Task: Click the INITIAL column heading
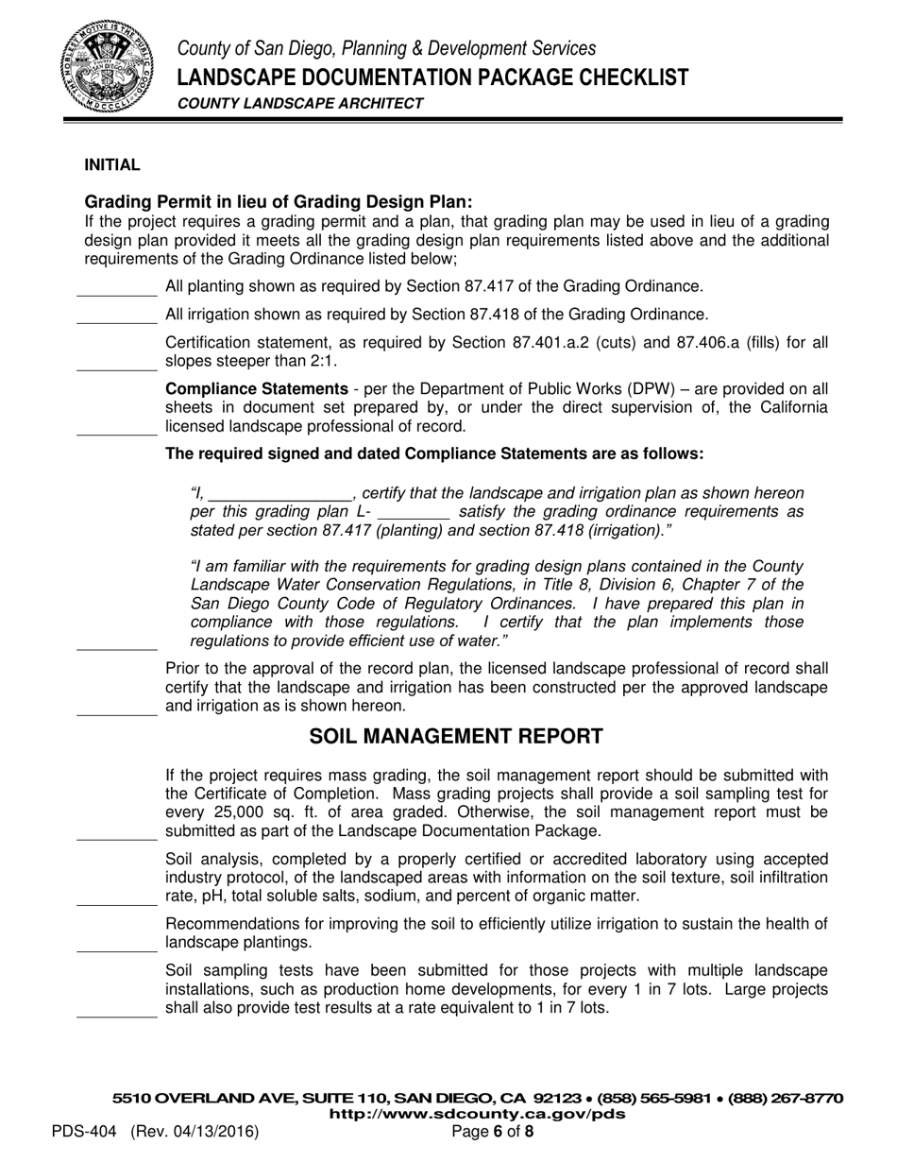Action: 112,165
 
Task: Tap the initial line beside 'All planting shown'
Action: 116,294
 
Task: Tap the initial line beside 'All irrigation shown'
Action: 116,322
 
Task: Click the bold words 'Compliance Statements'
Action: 256,388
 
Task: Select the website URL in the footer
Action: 477,1114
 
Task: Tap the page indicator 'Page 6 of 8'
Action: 493,1131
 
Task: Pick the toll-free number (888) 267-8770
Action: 784,1099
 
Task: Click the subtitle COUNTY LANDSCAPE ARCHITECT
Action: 300,104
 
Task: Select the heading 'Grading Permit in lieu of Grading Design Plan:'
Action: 278,202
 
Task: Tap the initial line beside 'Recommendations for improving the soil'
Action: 116,949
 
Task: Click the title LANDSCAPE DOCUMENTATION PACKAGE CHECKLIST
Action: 433,77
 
